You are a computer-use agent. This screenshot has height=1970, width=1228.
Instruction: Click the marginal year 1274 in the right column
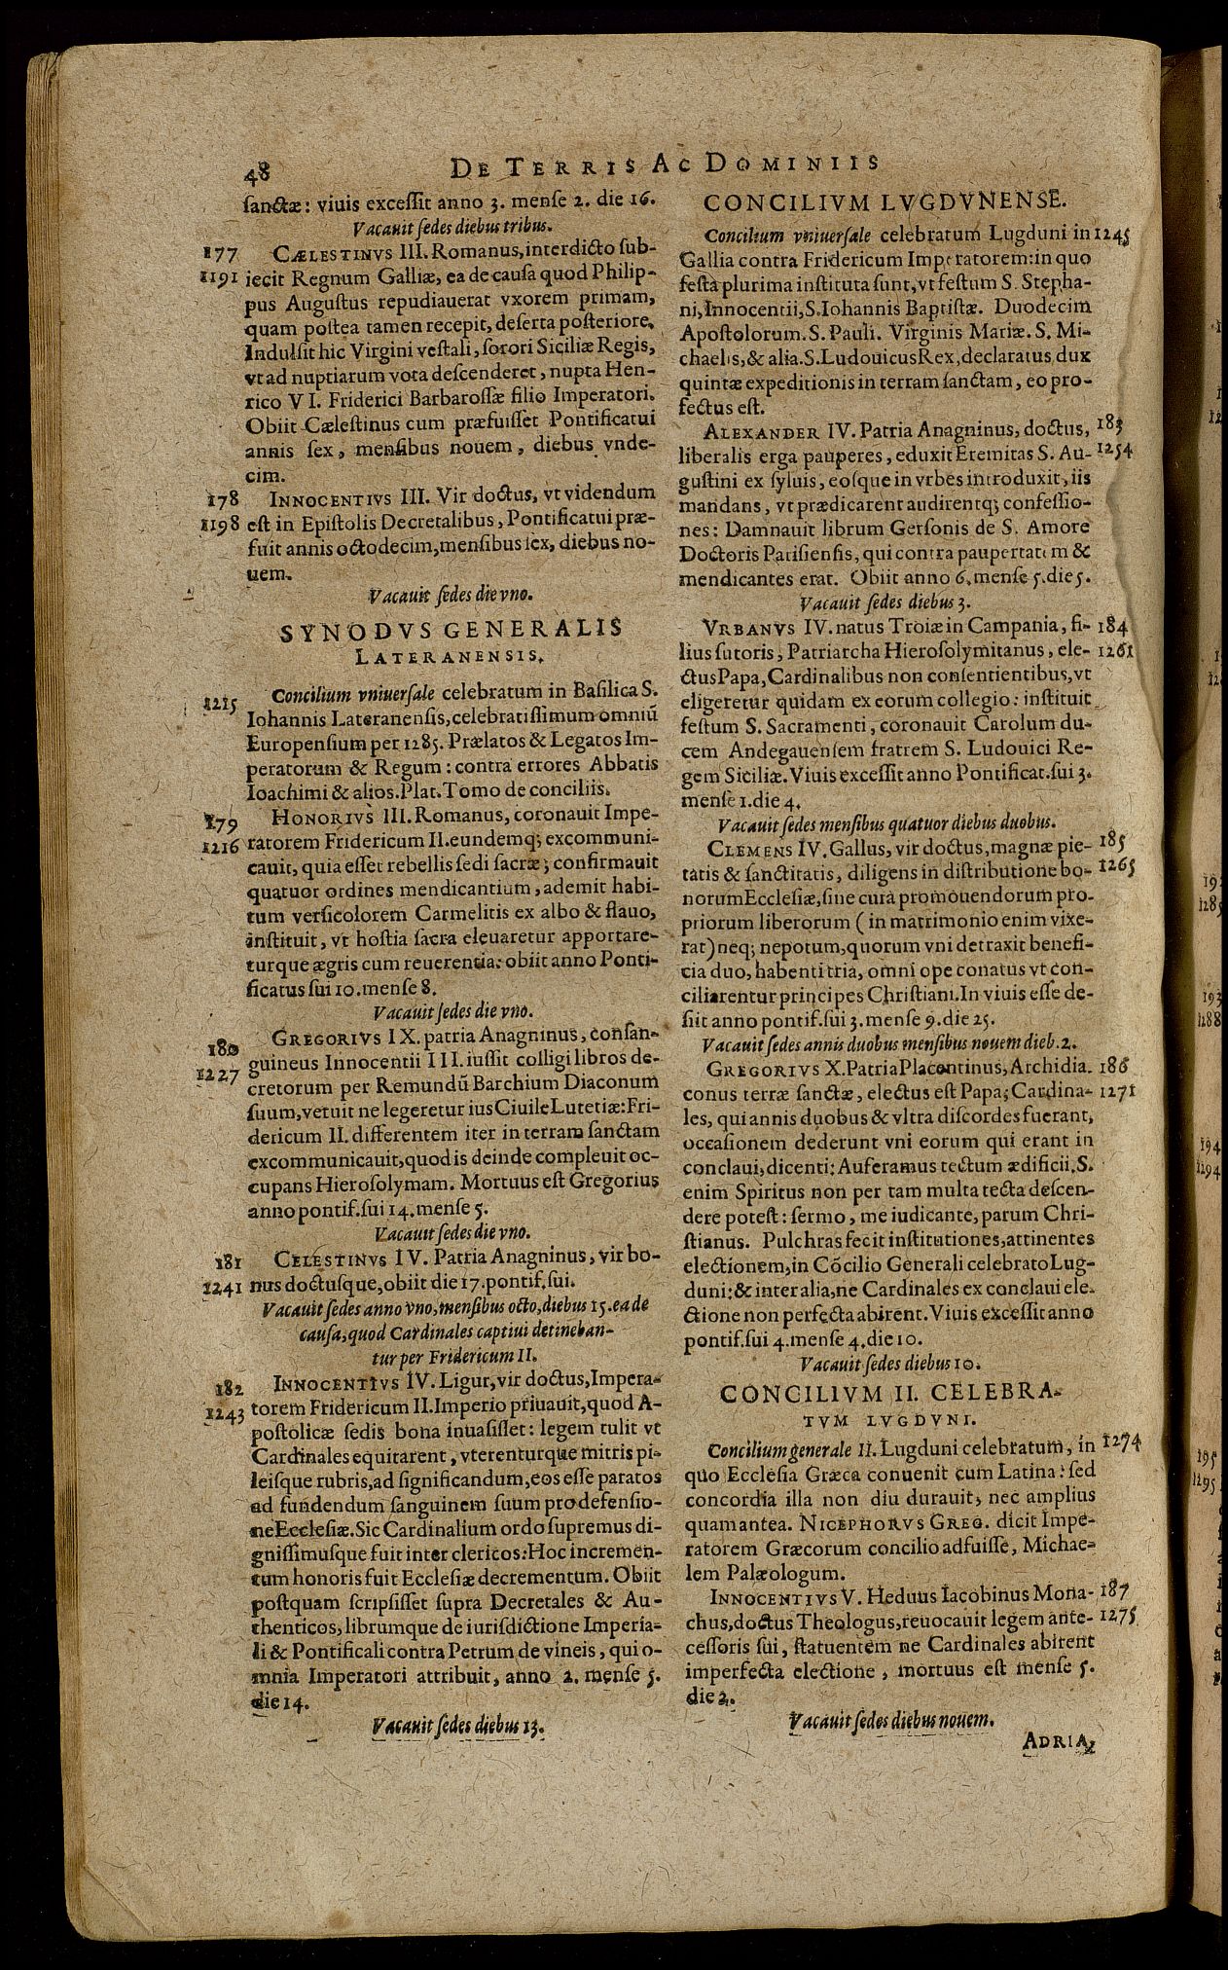[x=1120, y=1446]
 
